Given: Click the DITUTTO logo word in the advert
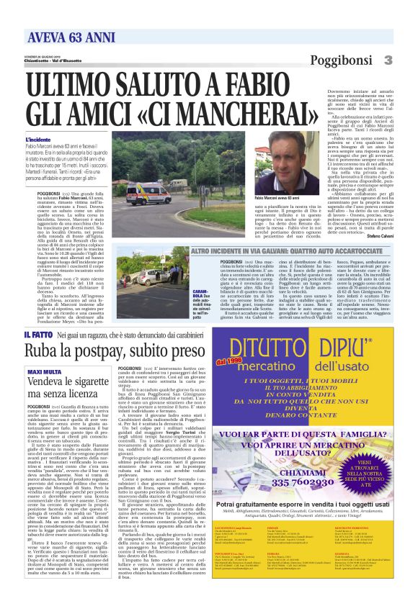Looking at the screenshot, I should [x=289, y=344].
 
